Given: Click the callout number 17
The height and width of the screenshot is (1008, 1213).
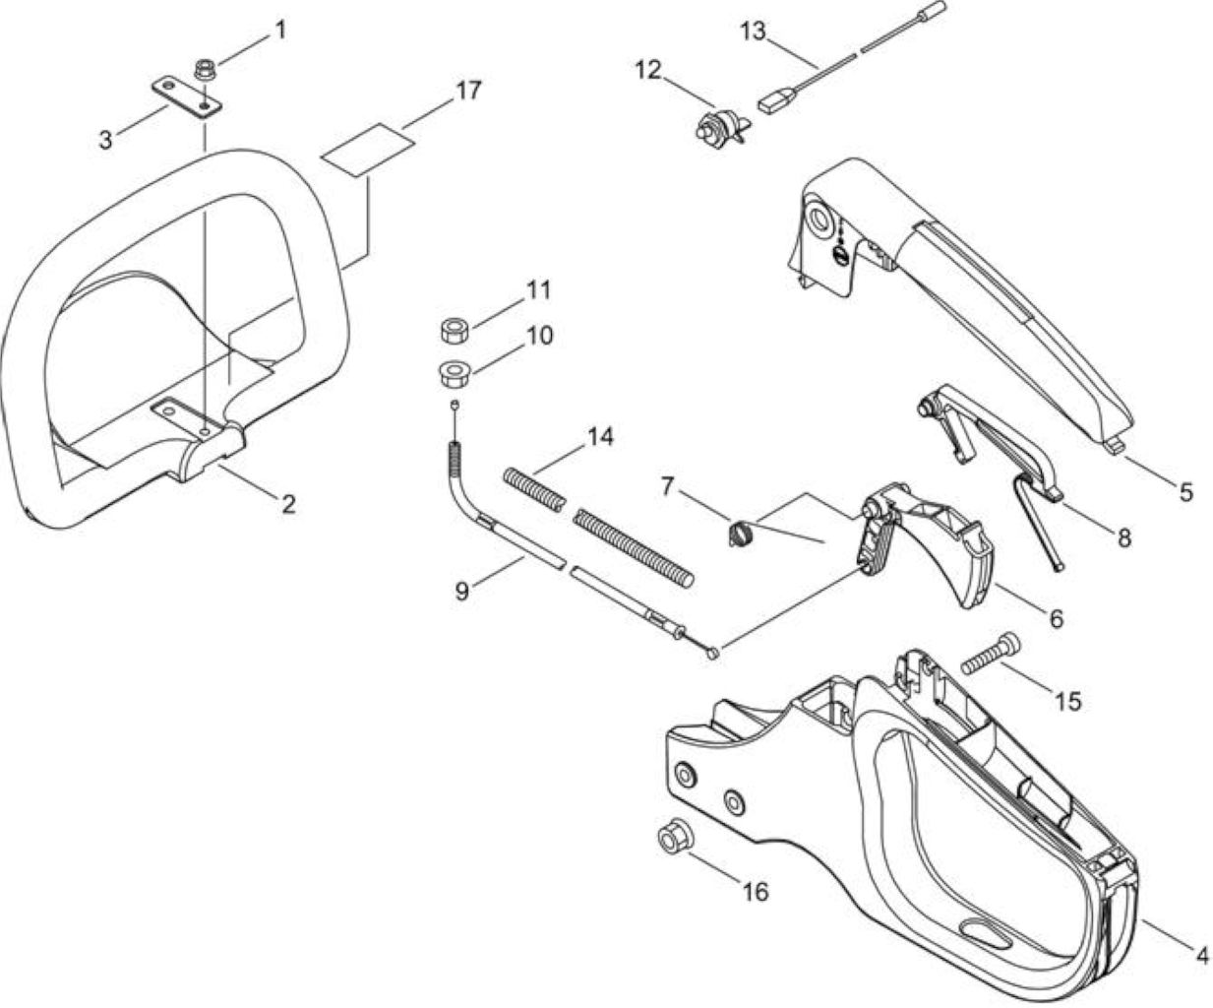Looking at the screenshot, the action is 469,91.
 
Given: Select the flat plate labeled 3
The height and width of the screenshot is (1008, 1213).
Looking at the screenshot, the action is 188,98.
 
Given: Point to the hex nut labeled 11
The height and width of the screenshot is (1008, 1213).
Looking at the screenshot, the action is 456,331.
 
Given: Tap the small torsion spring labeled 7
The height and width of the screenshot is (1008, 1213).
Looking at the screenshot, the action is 739,533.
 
